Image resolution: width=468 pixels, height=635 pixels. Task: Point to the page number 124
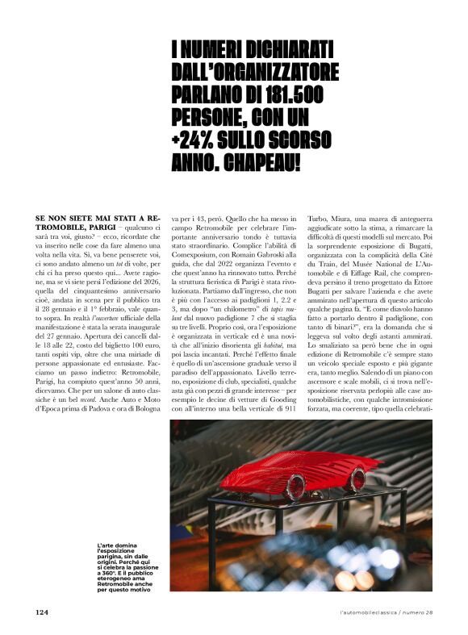coord(43,612)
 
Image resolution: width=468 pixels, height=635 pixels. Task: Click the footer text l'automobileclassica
coord(374,612)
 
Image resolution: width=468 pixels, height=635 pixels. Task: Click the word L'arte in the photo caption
coord(106,545)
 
